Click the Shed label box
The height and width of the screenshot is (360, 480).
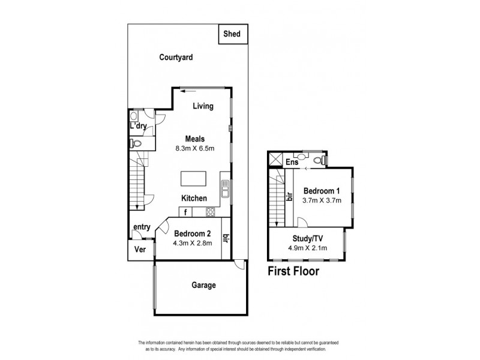232,35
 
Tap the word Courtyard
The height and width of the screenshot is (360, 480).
175,58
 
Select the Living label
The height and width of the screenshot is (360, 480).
203,107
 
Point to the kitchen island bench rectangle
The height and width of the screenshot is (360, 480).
196,179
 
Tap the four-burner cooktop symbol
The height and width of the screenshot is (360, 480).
211,211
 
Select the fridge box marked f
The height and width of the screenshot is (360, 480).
187,212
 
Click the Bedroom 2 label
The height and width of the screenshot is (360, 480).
192,233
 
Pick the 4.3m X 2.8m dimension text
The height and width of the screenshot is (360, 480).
192,244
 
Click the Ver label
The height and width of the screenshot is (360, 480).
140,250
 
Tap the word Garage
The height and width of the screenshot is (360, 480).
203,286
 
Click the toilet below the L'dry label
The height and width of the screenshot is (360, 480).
136,144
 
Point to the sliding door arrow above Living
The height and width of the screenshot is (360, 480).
191,91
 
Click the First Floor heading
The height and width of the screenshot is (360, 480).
293,271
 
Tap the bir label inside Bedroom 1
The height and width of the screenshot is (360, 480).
289,196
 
